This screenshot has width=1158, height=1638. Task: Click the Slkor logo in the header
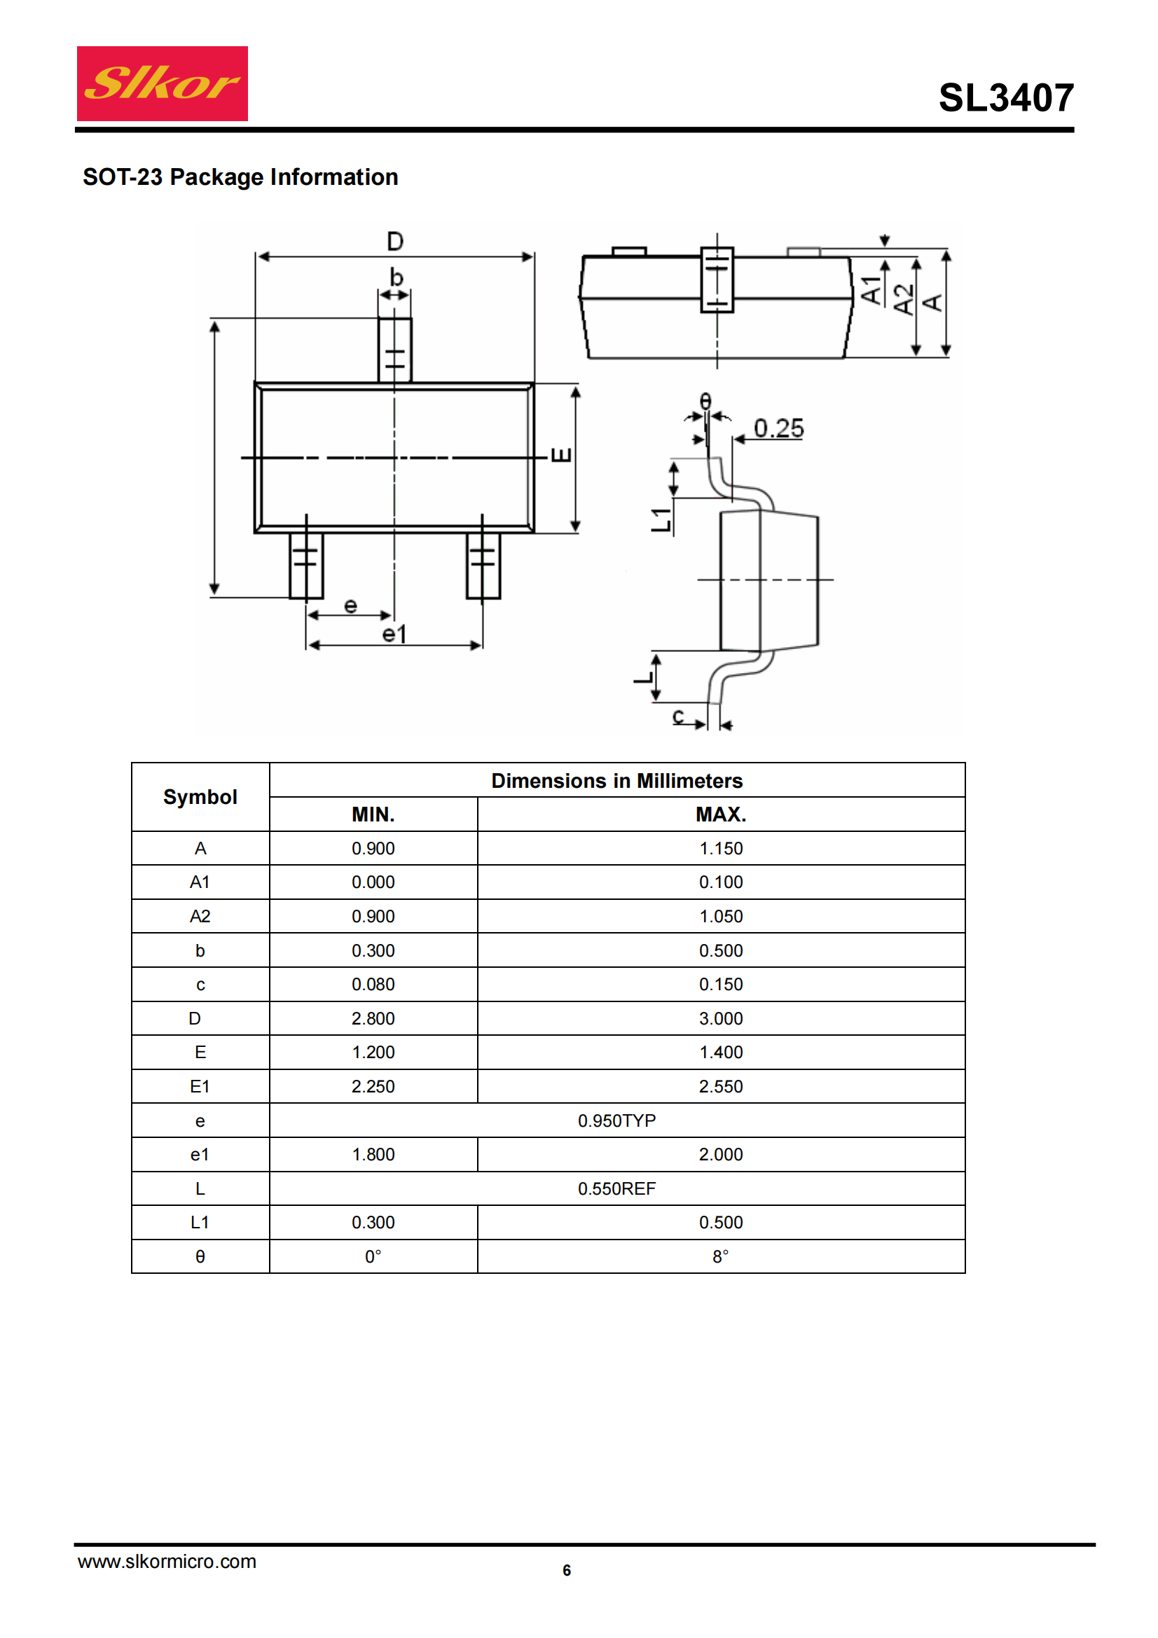tap(162, 83)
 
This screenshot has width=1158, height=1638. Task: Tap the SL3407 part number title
tap(1006, 97)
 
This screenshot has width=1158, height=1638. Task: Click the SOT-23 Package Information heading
tap(240, 177)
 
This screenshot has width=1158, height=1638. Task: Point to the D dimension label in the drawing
tap(394, 241)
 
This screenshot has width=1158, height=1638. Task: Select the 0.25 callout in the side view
tap(778, 428)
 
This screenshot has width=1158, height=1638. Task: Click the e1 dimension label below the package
tap(394, 634)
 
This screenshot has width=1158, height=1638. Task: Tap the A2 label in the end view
tap(903, 299)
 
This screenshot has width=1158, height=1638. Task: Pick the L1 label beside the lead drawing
tap(661, 520)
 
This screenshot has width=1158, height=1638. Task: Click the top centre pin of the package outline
tap(394, 349)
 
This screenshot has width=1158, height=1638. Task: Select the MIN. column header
tap(373, 814)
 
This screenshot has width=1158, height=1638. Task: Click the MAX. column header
tap(721, 814)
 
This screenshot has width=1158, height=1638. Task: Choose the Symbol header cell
tap(200, 797)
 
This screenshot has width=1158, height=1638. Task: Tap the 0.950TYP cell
tap(617, 1120)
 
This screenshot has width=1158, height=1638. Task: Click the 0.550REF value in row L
tap(617, 1188)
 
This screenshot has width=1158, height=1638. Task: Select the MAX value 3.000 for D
tap(721, 1018)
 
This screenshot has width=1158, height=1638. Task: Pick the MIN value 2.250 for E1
tap(373, 1086)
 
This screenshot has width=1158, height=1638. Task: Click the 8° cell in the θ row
tap(721, 1256)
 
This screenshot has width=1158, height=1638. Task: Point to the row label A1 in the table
tap(200, 882)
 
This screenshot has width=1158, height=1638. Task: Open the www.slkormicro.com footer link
tap(167, 1561)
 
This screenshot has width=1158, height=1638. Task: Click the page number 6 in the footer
tap(567, 1570)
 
